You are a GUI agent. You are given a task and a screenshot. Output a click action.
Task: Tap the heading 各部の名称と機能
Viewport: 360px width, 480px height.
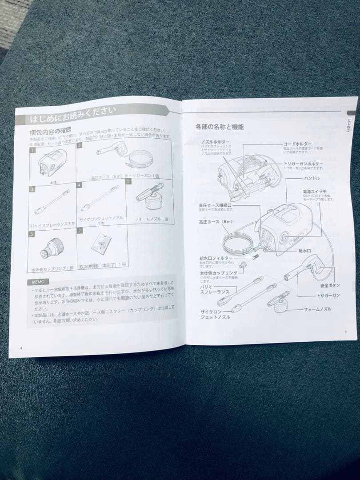[220, 126]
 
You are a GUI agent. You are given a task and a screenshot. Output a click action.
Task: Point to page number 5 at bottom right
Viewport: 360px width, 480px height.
[345, 332]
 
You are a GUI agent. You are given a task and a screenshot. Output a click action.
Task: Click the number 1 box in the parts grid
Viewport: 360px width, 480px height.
[32, 150]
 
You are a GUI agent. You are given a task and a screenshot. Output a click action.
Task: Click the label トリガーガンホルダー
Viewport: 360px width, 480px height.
[303, 164]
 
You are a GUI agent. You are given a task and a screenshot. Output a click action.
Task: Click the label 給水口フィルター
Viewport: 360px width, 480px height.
[216, 258]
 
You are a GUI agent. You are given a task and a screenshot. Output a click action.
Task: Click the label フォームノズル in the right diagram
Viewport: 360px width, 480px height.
[317, 308]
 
